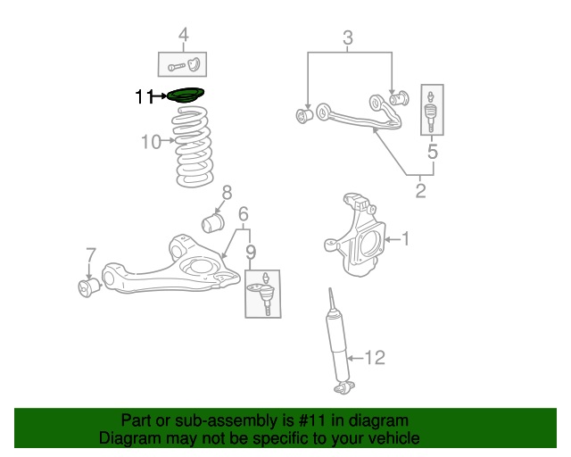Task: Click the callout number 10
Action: [151, 142]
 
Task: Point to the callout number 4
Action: [183, 37]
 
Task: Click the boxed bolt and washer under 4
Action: [183, 64]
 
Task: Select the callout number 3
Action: [348, 37]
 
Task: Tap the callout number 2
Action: [420, 189]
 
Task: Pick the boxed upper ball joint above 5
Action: [432, 110]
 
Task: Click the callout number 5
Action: [433, 153]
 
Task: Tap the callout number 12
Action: [375, 358]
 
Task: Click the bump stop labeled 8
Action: [214, 220]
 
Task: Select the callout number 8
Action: [227, 192]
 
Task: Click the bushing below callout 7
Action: [89, 287]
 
